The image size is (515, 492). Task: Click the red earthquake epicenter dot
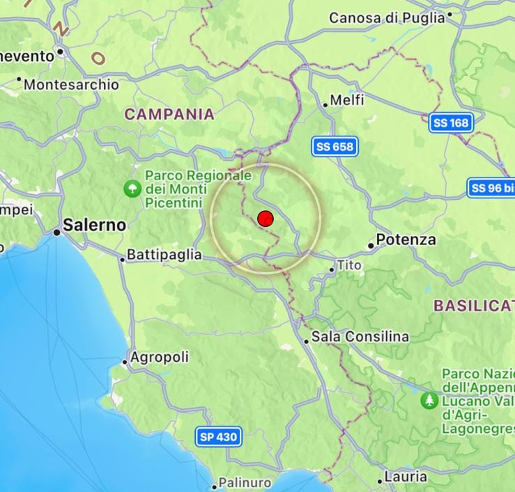[266, 219]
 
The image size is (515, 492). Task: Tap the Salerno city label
[95, 225]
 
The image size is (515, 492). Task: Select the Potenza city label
[406, 240]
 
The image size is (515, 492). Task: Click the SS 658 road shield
[335, 147]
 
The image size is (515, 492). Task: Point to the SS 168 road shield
[452, 122]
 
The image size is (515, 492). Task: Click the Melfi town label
[347, 101]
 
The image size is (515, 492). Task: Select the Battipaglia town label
[164, 255]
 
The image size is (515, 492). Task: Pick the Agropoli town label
[160, 358]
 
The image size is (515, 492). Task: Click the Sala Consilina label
[360, 337]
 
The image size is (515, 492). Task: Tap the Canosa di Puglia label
[387, 18]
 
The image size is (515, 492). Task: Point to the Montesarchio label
[72, 85]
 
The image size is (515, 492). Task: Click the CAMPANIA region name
[169, 114]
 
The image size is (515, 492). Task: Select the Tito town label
[350, 265]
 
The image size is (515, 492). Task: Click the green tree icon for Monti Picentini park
[131, 187]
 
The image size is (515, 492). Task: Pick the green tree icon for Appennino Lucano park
[429, 400]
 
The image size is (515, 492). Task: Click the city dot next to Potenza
[371, 245]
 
